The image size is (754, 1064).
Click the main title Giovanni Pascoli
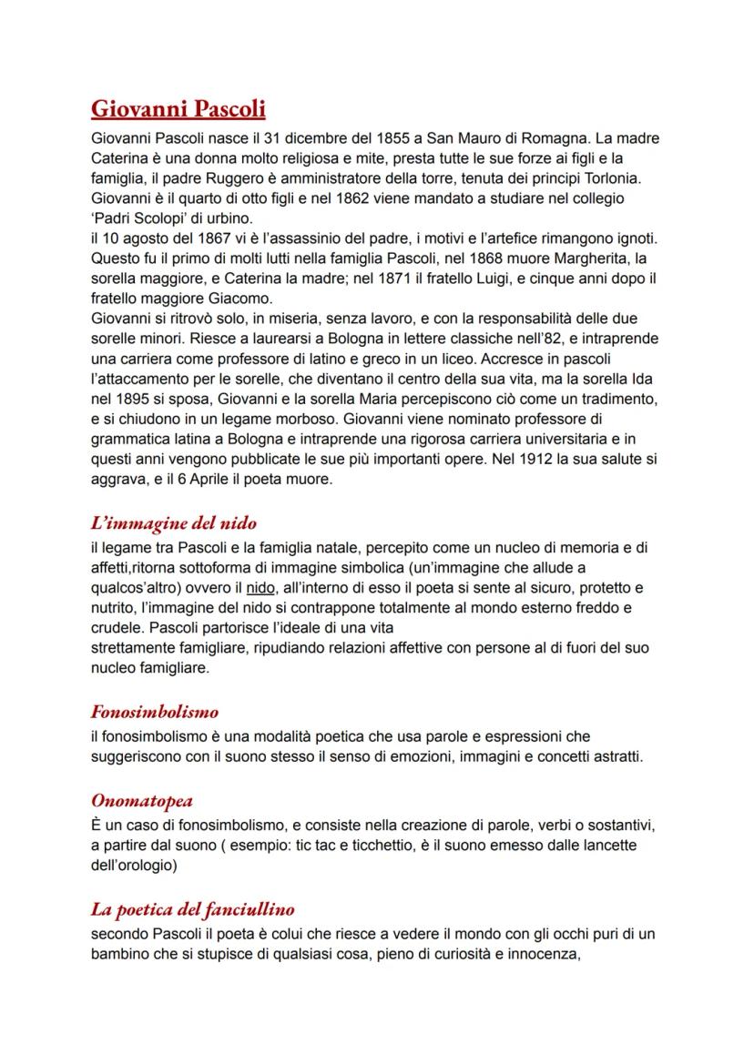(178, 110)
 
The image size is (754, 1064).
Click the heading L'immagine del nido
(174, 523)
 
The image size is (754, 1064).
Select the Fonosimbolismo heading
(155, 712)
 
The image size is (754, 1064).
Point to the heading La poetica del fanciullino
(193, 908)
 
